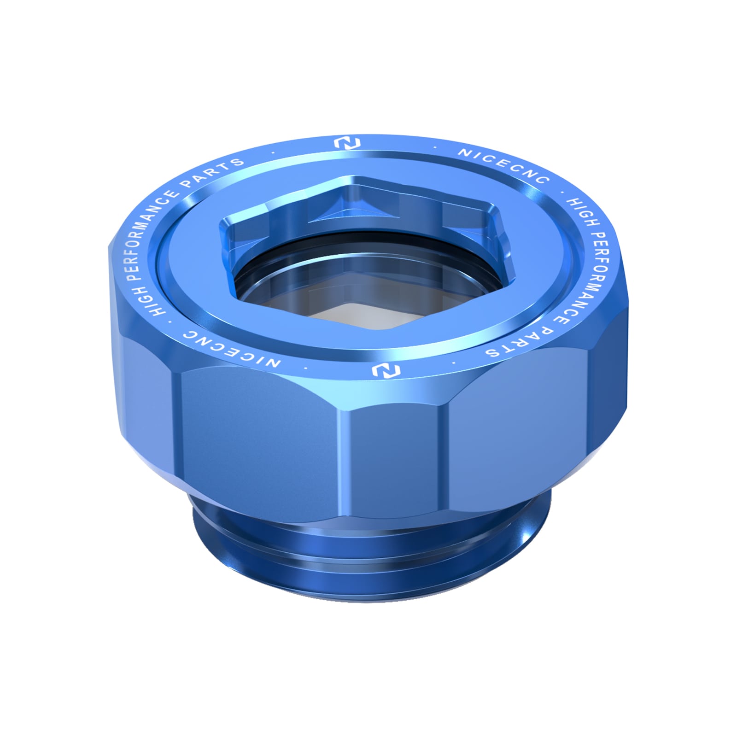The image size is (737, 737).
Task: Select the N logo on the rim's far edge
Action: click(347, 143)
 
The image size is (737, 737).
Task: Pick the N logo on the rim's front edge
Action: click(386, 370)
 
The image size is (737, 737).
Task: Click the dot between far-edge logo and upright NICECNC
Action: click(436, 148)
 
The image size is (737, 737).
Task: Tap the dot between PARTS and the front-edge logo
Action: click(454, 363)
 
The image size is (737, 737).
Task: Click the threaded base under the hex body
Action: click(368, 567)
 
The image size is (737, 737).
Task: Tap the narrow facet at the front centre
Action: click(392, 461)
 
